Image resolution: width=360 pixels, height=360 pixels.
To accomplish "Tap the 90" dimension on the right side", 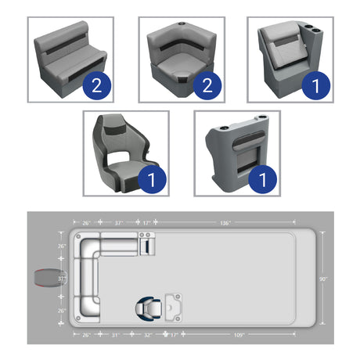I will (323, 279).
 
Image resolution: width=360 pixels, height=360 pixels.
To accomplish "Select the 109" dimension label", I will (238, 335).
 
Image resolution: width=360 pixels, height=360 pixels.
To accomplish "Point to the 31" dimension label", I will (115, 335).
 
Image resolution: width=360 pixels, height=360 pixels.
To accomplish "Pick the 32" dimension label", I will (148, 335).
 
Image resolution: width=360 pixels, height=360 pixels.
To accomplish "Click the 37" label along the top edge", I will (120, 223).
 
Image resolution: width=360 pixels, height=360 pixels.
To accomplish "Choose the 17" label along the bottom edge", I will (174, 335).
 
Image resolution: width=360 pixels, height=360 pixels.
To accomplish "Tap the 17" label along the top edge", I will (146, 223).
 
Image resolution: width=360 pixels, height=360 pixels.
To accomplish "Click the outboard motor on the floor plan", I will (45, 278).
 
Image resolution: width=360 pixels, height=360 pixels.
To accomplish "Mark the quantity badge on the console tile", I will (263, 179).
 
